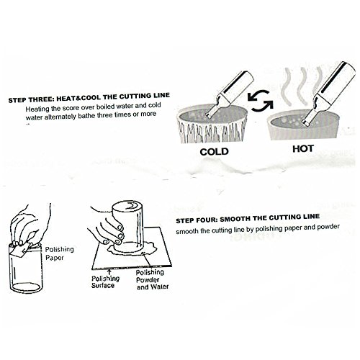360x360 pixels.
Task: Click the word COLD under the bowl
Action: click(x=214, y=152)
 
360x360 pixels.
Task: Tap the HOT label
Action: click(x=303, y=149)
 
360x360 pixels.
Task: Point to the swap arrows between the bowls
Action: click(x=261, y=101)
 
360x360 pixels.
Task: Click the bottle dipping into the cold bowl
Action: click(x=230, y=94)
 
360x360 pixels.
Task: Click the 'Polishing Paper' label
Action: click(x=59, y=253)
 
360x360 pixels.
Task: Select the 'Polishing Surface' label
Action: click(x=105, y=282)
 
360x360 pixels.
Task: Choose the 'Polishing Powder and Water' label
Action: click(x=152, y=279)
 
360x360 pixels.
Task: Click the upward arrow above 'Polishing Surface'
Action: click(x=109, y=272)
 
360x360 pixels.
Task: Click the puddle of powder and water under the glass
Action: click(x=131, y=248)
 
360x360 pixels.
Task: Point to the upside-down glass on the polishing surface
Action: click(x=128, y=226)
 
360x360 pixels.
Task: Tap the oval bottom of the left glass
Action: click(x=26, y=287)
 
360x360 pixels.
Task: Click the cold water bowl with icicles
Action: click(x=212, y=124)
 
